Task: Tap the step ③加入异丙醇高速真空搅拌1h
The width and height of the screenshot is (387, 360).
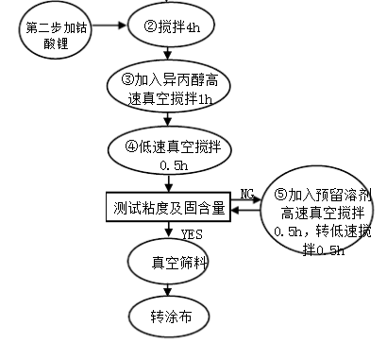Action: (167, 87)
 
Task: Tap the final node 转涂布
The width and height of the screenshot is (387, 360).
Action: (167, 315)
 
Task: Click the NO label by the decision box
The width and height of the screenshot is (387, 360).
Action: (247, 194)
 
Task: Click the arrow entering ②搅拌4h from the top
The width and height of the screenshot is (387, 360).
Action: (167, 4)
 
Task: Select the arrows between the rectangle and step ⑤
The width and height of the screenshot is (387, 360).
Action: (248, 206)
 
